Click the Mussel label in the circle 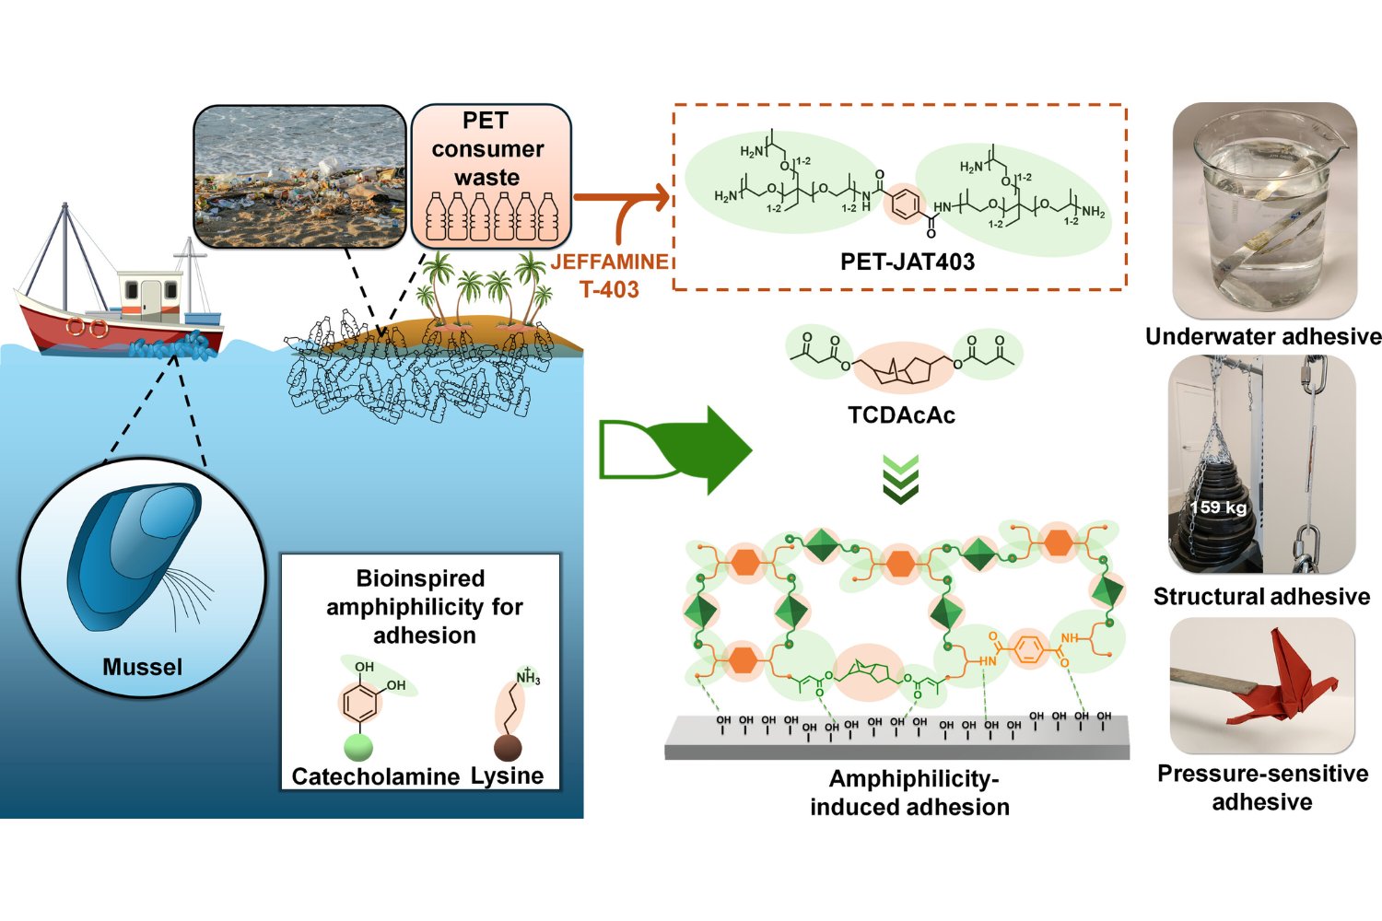coord(143,667)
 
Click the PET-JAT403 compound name coord(907,262)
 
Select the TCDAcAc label coord(901,415)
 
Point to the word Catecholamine coord(375,776)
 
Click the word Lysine coord(507,775)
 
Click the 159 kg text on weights coord(1218,507)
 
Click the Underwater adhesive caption coord(1262,337)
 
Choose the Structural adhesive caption coord(1261,597)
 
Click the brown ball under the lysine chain coord(508,747)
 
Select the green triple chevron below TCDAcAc coord(901,478)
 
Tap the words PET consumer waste coord(487,148)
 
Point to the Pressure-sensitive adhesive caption coord(1262,787)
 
